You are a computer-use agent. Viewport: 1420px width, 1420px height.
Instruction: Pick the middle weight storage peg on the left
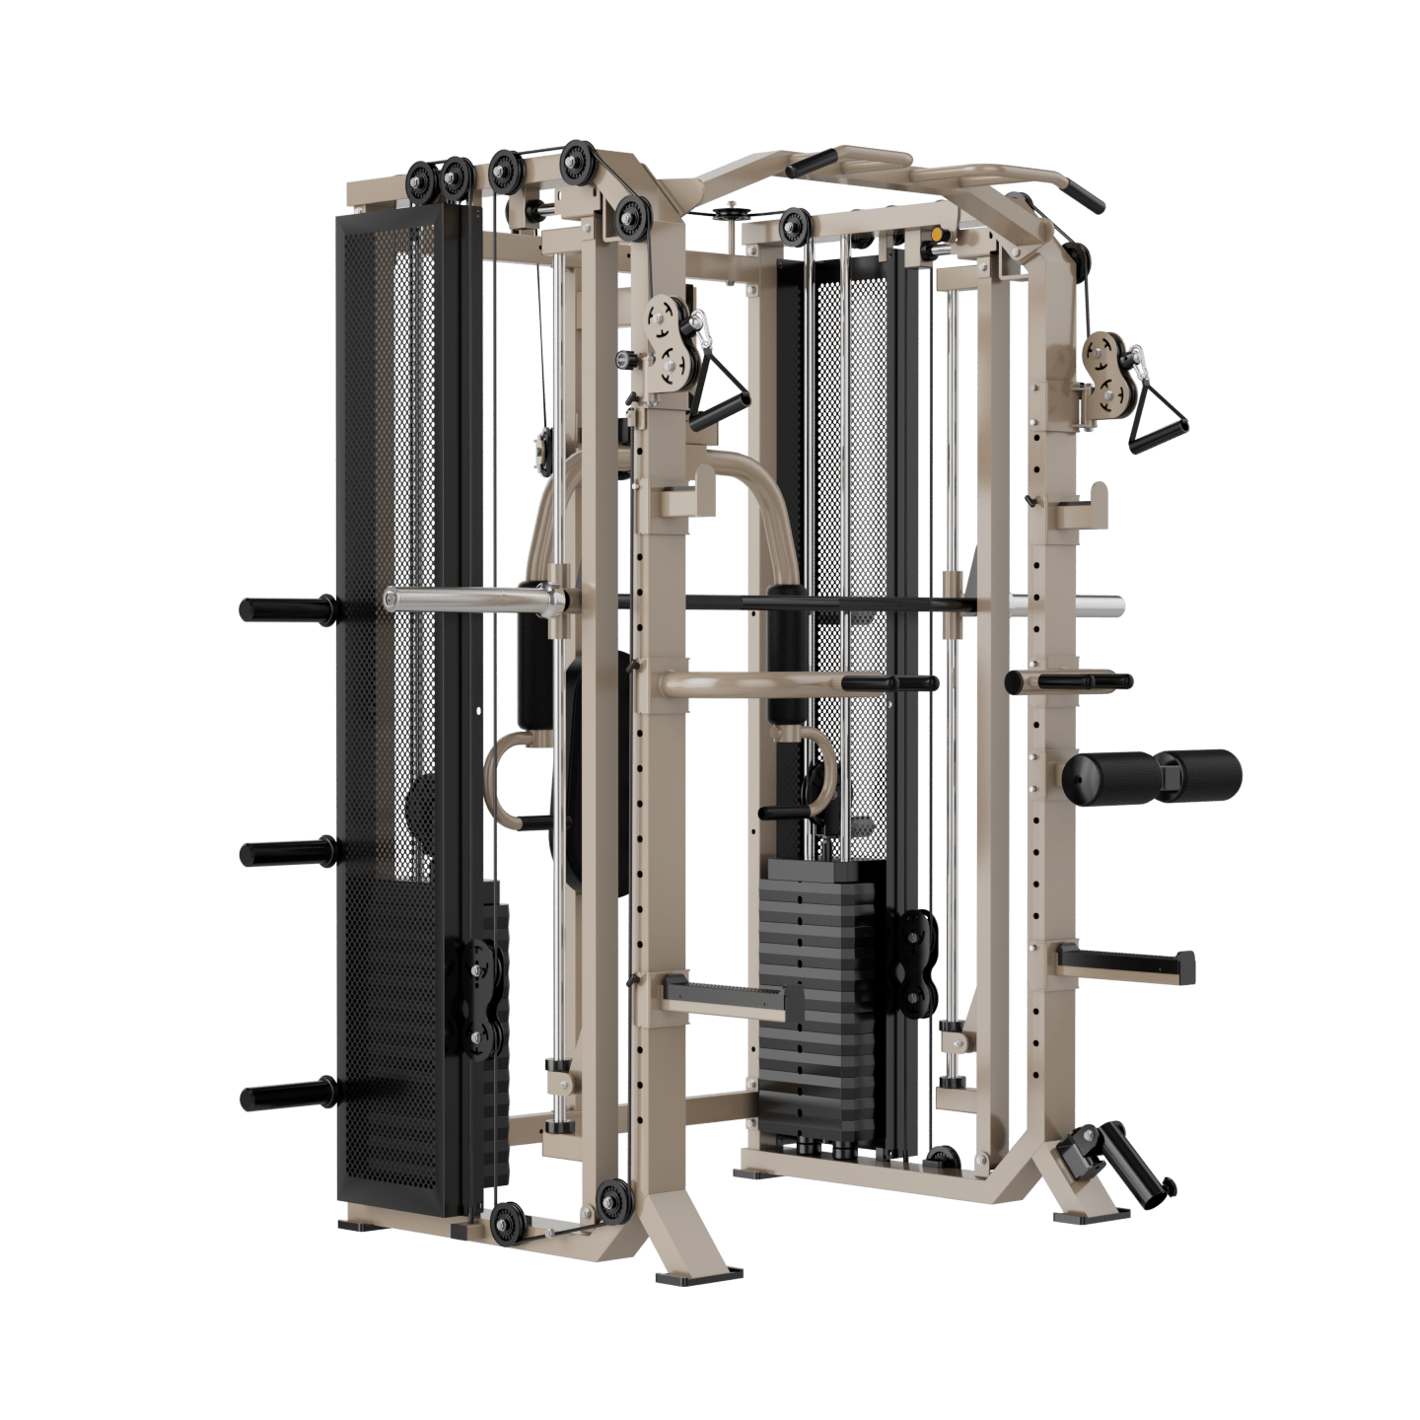pyautogui.click(x=286, y=852)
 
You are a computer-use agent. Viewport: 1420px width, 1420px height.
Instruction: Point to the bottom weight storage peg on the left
pyautogui.click(x=286, y=1095)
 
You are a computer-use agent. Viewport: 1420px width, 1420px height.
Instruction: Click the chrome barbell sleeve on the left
pyautogui.click(x=463, y=598)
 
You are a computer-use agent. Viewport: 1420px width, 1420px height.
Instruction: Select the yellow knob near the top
pyautogui.click(x=932, y=237)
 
